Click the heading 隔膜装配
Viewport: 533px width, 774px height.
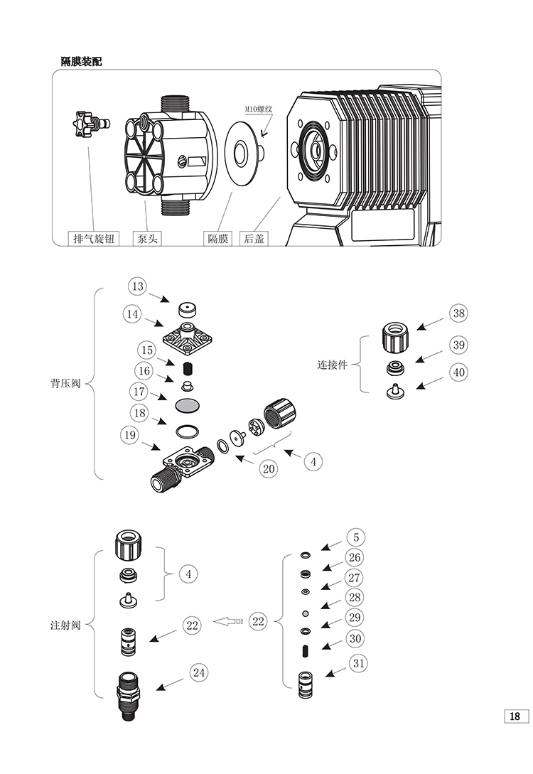point(82,61)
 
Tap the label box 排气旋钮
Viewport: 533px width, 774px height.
point(94,238)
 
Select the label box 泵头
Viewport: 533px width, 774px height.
point(147,238)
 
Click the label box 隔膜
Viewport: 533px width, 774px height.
point(218,238)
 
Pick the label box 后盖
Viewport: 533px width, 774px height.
point(254,238)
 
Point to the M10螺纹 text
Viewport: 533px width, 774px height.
point(259,109)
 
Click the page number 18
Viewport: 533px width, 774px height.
point(516,716)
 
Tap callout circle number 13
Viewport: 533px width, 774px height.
point(138,286)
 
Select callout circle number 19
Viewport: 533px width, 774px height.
point(130,436)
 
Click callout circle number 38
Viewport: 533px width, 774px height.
point(459,313)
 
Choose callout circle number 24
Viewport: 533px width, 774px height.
point(199,672)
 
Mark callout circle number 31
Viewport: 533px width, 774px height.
point(359,663)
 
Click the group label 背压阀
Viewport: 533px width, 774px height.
point(65,384)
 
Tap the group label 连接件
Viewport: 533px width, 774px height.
point(332,365)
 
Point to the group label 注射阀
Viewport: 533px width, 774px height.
point(65,625)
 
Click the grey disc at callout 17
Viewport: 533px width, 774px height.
point(188,405)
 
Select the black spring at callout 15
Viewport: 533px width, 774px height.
point(187,368)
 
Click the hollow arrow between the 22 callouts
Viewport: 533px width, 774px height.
point(228,621)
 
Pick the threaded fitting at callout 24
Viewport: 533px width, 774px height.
point(128,696)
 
